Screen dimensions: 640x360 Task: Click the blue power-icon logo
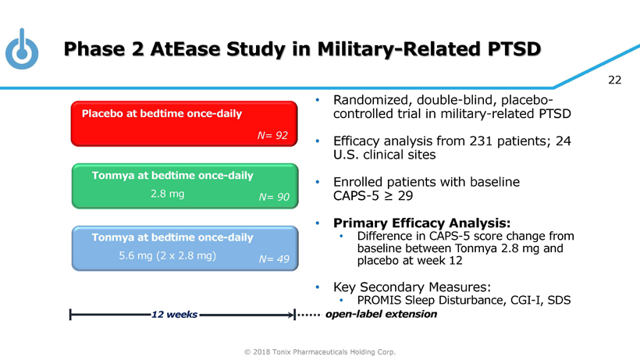pyautogui.click(x=22, y=50)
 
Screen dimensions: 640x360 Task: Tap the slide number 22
pyautogui.click(x=614, y=80)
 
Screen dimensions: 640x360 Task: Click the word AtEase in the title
pyautogui.click(x=186, y=49)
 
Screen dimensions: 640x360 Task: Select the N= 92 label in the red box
pyautogui.click(x=272, y=135)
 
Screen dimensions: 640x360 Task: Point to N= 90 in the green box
pyautogui.click(x=274, y=197)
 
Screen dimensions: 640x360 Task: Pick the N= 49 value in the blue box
pyautogui.click(x=274, y=259)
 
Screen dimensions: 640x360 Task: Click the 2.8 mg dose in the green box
pyautogui.click(x=167, y=194)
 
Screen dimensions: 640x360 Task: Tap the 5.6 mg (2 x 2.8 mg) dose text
pyautogui.click(x=167, y=256)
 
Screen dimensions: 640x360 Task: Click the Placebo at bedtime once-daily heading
pyautogui.click(x=162, y=113)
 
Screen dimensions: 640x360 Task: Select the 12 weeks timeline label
pyautogui.click(x=174, y=314)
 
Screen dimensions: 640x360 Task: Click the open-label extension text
pyautogui.click(x=381, y=314)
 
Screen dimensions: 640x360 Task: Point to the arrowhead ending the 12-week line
pyautogui.click(x=291, y=315)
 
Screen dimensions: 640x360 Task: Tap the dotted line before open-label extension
pyautogui.click(x=309, y=315)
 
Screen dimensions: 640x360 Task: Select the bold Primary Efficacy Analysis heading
pyautogui.click(x=421, y=223)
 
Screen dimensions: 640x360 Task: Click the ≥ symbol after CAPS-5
pyautogui.click(x=389, y=196)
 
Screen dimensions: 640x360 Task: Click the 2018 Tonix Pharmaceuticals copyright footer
pyautogui.click(x=320, y=352)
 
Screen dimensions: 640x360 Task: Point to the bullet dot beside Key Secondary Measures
pyautogui.click(x=318, y=287)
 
